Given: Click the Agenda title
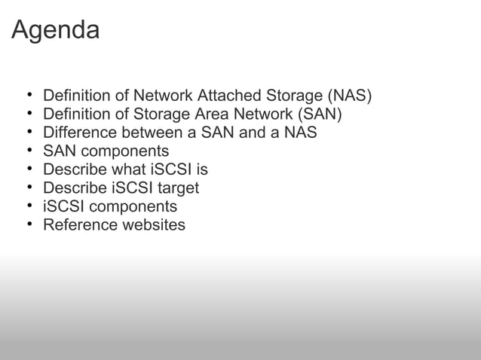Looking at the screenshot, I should [55, 31].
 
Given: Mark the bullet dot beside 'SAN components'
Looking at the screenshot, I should [29, 151].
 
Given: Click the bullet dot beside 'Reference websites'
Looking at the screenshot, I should [29, 224].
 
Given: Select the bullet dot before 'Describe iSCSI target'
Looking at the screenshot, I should [29, 188].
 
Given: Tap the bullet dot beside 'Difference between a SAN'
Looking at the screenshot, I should [29, 133].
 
